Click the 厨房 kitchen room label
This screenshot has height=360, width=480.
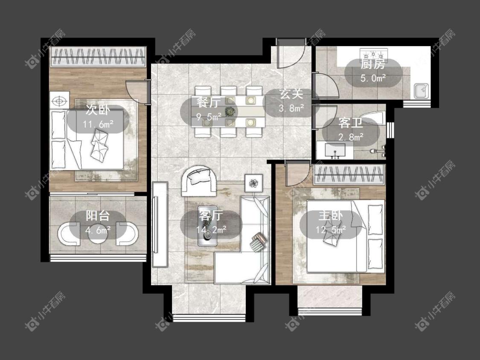click(x=372, y=64)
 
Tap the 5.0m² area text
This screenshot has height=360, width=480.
click(x=372, y=78)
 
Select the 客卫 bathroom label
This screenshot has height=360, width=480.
click(x=351, y=123)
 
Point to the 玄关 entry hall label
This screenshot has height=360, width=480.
click(x=291, y=94)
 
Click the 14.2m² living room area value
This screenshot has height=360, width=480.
click(x=211, y=229)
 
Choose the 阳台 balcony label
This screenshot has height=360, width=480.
click(x=97, y=216)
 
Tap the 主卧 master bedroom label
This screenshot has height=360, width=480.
click(x=331, y=215)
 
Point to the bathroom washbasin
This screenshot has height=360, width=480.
click(x=335, y=151)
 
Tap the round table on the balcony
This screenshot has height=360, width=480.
click(x=97, y=234)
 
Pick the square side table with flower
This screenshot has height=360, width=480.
click(x=253, y=183)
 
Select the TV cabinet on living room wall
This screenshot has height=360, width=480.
click(x=160, y=224)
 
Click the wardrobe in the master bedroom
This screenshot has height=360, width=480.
click(x=349, y=175)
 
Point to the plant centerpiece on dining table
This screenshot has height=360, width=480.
click(x=230, y=111)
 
